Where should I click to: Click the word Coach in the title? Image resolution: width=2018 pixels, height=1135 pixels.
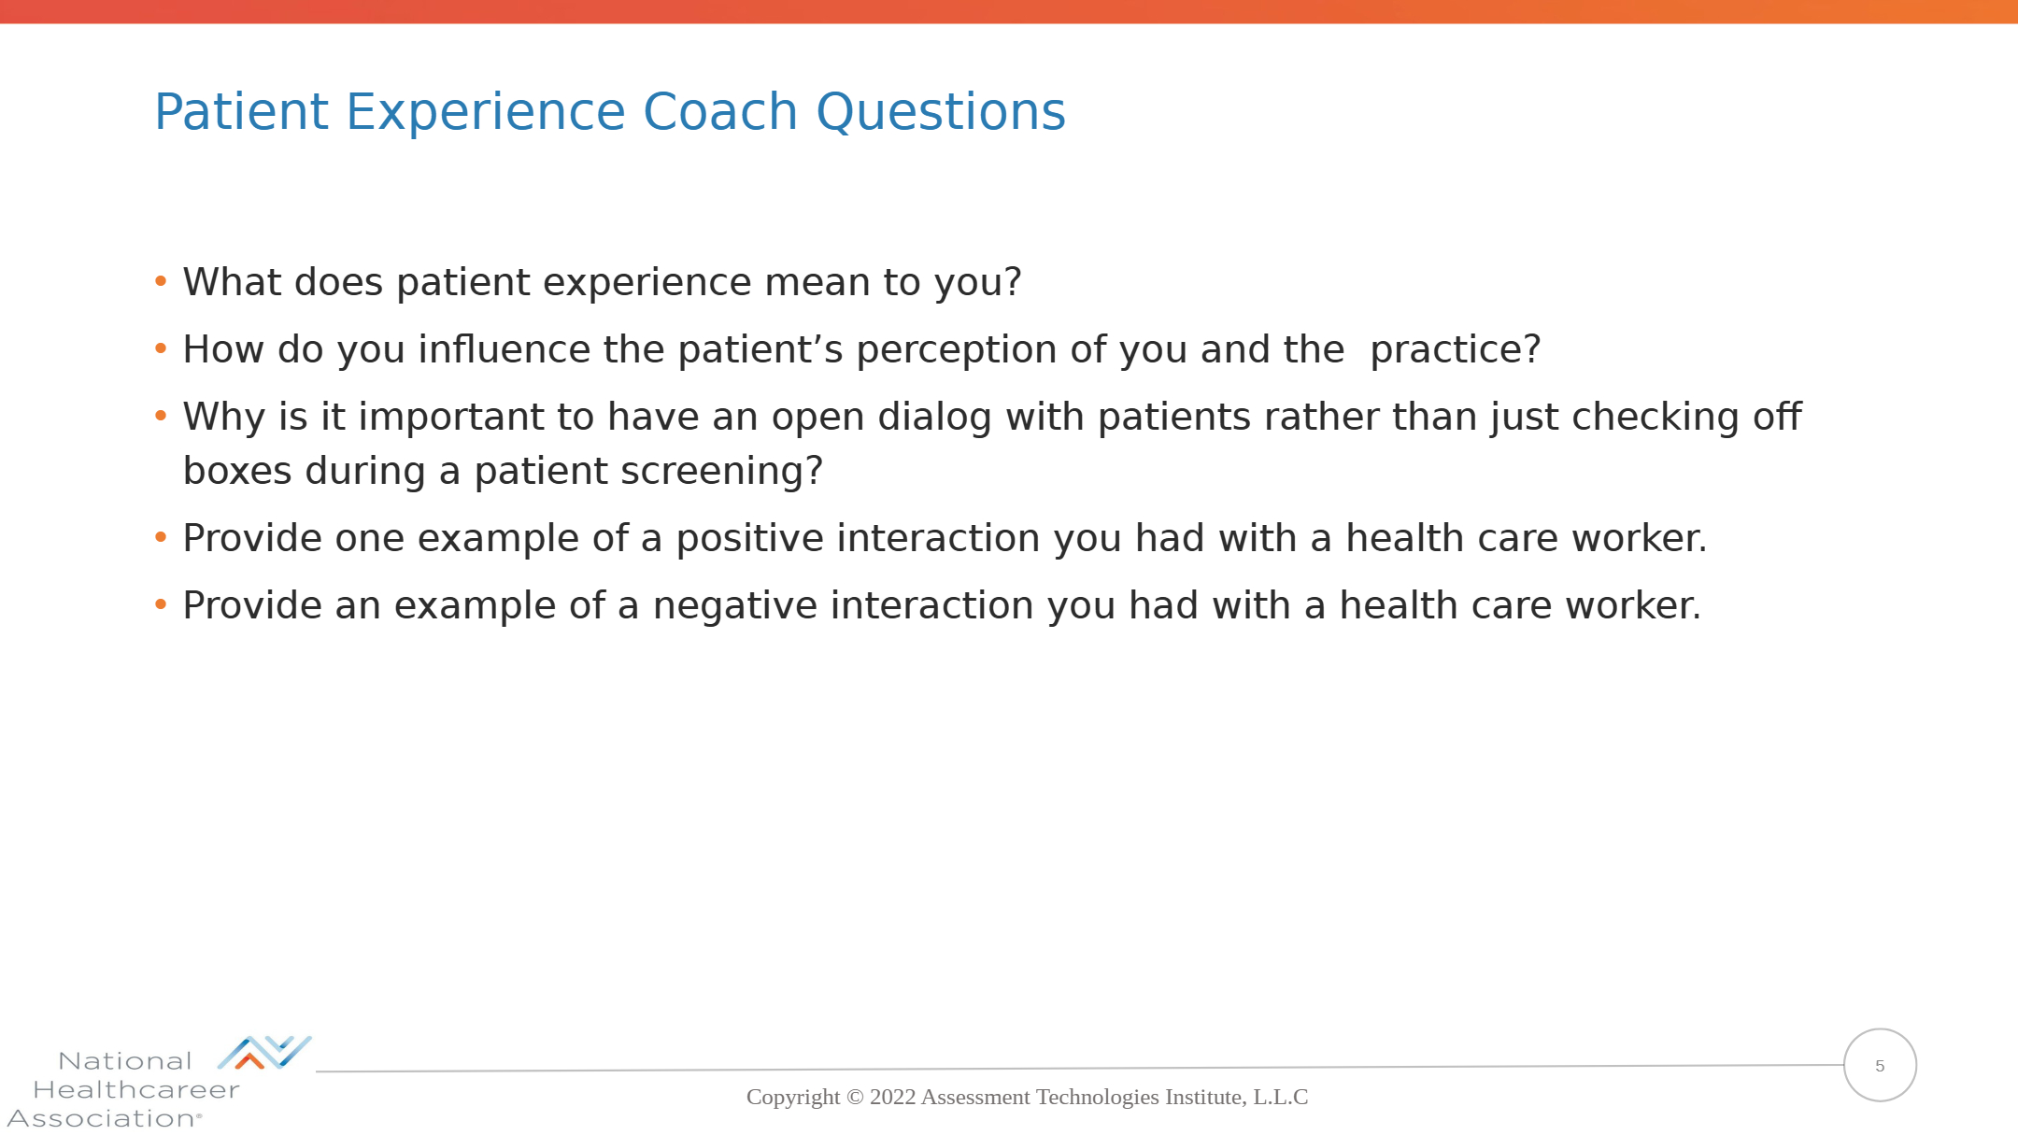719,112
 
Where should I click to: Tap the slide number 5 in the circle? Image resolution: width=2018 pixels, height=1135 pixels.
1880,1066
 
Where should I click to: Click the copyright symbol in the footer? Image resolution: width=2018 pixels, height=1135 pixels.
855,1097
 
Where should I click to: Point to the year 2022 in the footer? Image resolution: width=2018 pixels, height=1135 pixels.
892,1097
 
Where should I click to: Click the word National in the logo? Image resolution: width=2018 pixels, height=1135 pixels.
125,1061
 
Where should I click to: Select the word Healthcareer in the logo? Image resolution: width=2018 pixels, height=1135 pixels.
136,1090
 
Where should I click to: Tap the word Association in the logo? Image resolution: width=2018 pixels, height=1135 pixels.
102,1118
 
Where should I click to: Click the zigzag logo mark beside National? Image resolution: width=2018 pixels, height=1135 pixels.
264,1052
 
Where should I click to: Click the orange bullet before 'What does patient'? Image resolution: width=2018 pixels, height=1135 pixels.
161,281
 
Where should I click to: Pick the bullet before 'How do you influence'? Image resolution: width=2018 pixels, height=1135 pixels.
161,348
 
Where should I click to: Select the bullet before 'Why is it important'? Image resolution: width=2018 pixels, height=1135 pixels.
161,416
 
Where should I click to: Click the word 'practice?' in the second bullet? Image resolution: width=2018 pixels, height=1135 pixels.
1456,351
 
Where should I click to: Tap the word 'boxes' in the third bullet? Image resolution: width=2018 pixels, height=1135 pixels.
237,471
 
